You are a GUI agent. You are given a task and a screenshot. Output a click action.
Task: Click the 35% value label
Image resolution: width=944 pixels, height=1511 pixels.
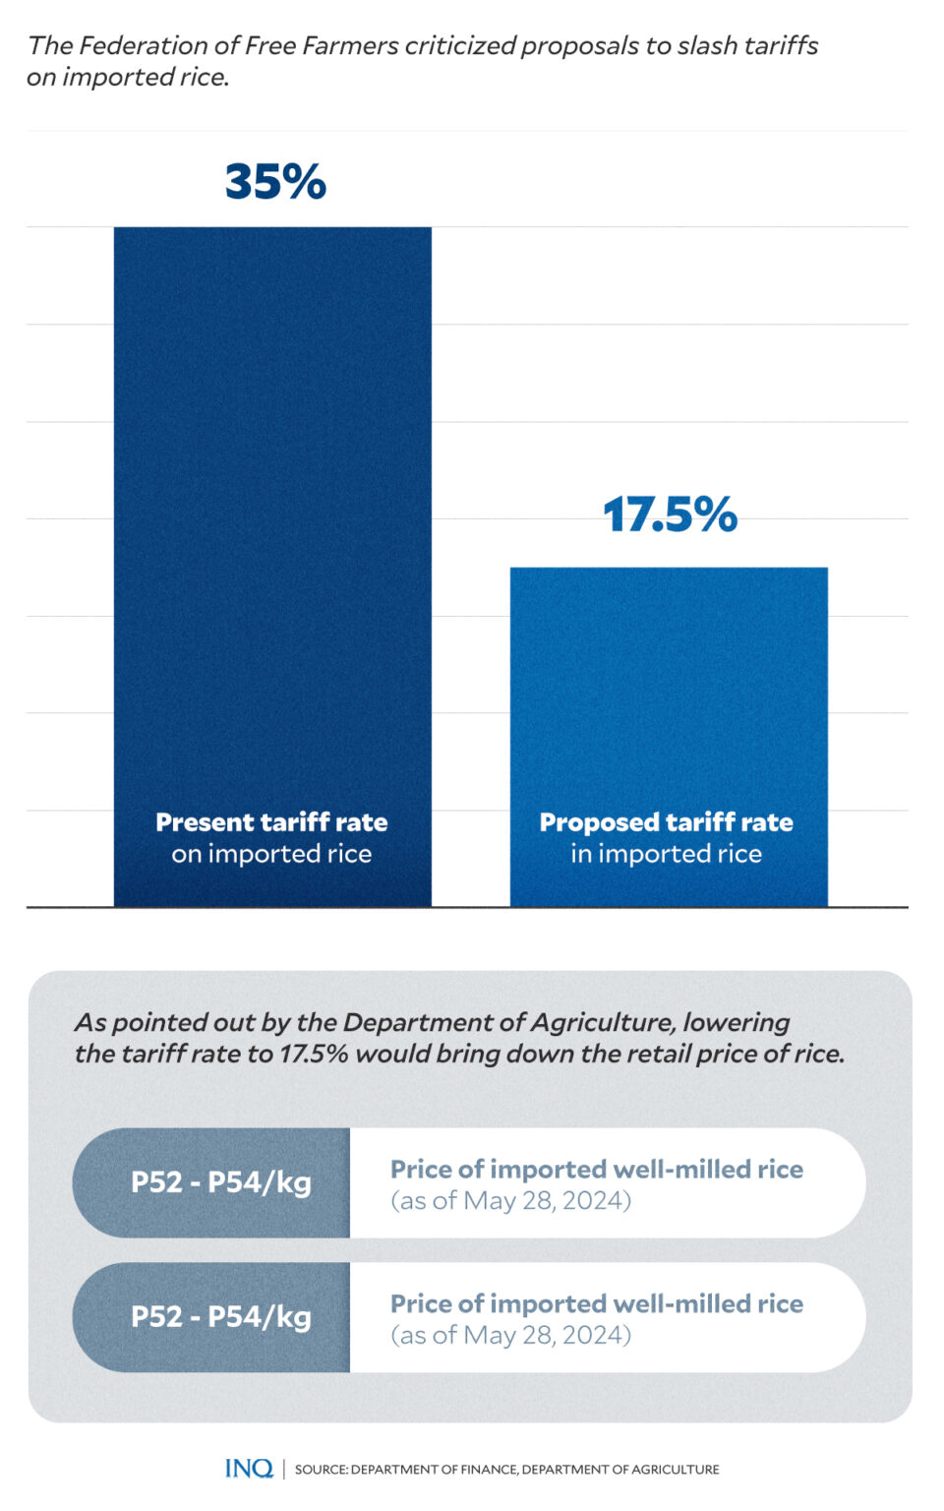pyautogui.click(x=275, y=182)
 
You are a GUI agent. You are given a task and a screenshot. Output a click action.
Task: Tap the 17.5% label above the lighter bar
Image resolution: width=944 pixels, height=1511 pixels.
pyautogui.click(x=670, y=514)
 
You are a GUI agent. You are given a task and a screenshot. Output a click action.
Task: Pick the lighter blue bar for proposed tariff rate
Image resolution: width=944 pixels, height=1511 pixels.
pyautogui.click(x=669, y=689)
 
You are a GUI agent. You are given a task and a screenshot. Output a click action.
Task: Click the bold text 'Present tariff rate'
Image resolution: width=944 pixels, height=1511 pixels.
pyautogui.click(x=271, y=822)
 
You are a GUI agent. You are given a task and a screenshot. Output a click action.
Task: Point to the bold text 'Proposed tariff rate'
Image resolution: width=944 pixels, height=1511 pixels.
pyautogui.click(x=666, y=822)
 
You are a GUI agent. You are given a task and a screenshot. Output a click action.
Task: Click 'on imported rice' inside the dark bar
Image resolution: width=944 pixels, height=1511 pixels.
pyautogui.click(x=271, y=854)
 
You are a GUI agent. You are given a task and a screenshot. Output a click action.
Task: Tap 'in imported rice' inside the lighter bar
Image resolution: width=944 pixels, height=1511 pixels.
pyautogui.click(x=666, y=854)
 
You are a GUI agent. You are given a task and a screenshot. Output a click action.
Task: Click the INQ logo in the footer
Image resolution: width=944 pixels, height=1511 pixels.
pyautogui.click(x=249, y=1469)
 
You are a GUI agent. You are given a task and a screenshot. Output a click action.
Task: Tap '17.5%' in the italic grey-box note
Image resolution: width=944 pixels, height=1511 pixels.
pyautogui.click(x=314, y=1054)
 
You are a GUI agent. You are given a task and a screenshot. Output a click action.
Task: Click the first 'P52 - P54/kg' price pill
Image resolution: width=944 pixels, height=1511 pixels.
pyautogui.click(x=220, y=1182)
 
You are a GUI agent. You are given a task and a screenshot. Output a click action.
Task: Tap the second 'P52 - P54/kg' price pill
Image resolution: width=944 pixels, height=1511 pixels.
pyautogui.click(x=220, y=1317)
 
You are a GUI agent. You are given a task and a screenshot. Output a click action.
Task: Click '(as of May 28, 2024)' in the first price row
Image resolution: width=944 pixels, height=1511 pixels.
pyautogui.click(x=510, y=1200)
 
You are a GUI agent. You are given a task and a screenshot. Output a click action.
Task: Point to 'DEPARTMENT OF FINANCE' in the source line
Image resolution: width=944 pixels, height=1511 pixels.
pyautogui.click(x=434, y=1470)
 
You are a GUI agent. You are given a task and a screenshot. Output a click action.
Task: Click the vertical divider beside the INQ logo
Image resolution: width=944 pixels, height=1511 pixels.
pyautogui.click(x=284, y=1469)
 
